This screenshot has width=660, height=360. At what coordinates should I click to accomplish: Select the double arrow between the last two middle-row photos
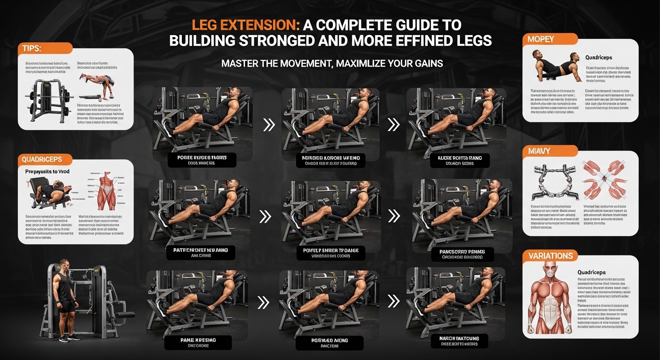tap(394, 216)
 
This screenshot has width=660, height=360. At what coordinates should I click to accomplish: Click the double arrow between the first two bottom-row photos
tap(264, 302)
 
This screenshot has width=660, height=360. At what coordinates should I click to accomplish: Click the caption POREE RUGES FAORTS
tap(202, 158)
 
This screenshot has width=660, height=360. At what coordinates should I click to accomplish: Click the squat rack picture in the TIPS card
tap(48, 97)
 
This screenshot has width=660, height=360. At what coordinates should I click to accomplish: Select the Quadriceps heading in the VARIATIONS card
tap(592, 272)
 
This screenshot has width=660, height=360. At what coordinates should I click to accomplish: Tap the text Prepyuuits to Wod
tap(47, 172)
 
